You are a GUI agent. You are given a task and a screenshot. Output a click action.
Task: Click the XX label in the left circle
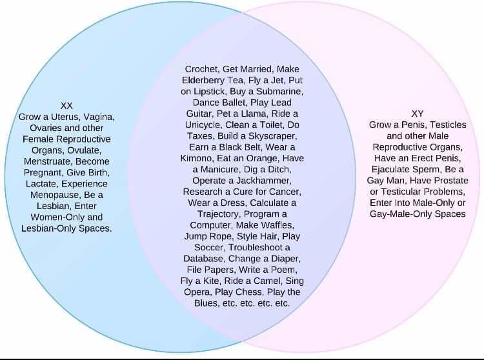click(x=66, y=105)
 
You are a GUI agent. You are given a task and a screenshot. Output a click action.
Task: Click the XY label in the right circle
click(x=417, y=114)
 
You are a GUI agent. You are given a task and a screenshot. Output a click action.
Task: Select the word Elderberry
click(x=206, y=80)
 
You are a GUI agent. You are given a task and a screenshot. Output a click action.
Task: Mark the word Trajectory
click(x=217, y=214)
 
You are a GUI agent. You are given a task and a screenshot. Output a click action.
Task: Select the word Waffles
click(x=272, y=225)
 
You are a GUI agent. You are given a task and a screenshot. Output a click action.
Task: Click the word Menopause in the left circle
click(x=55, y=194)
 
